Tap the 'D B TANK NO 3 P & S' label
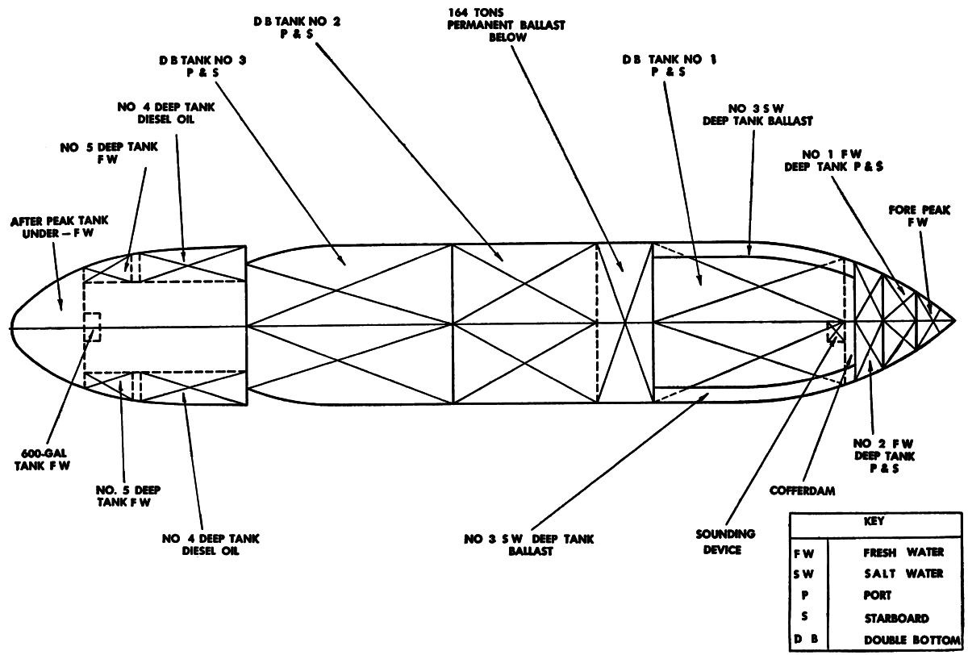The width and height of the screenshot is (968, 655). point(190,65)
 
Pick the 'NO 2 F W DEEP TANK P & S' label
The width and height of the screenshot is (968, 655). point(885,455)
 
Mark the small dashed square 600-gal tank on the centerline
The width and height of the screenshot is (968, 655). point(92,327)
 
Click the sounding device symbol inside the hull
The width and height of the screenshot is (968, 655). point(833,332)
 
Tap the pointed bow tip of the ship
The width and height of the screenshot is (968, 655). point(954,318)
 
